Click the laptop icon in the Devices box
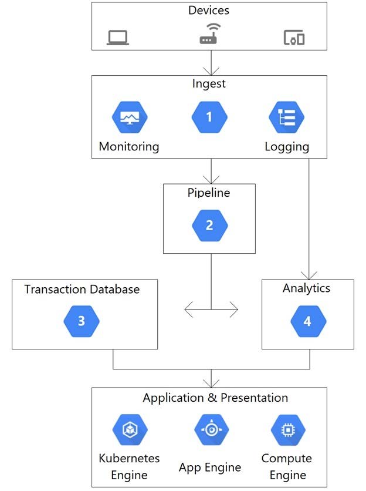(118, 38)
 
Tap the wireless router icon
(209, 34)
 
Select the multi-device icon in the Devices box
(294, 38)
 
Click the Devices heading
(209, 11)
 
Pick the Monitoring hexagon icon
(130, 117)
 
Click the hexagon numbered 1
(209, 117)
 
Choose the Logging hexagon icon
(287, 117)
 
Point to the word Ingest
(209, 84)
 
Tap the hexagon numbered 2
(209, 226)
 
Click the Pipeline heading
(209, 193)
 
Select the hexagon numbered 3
(82, 321)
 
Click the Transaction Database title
(82, 290)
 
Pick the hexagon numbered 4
(308, 321)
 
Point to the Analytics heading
(307, 288)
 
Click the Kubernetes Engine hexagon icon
(130, 430)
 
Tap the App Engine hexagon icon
(212, 430)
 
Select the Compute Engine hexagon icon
(288, 430)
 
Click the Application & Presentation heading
(215, 398)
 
